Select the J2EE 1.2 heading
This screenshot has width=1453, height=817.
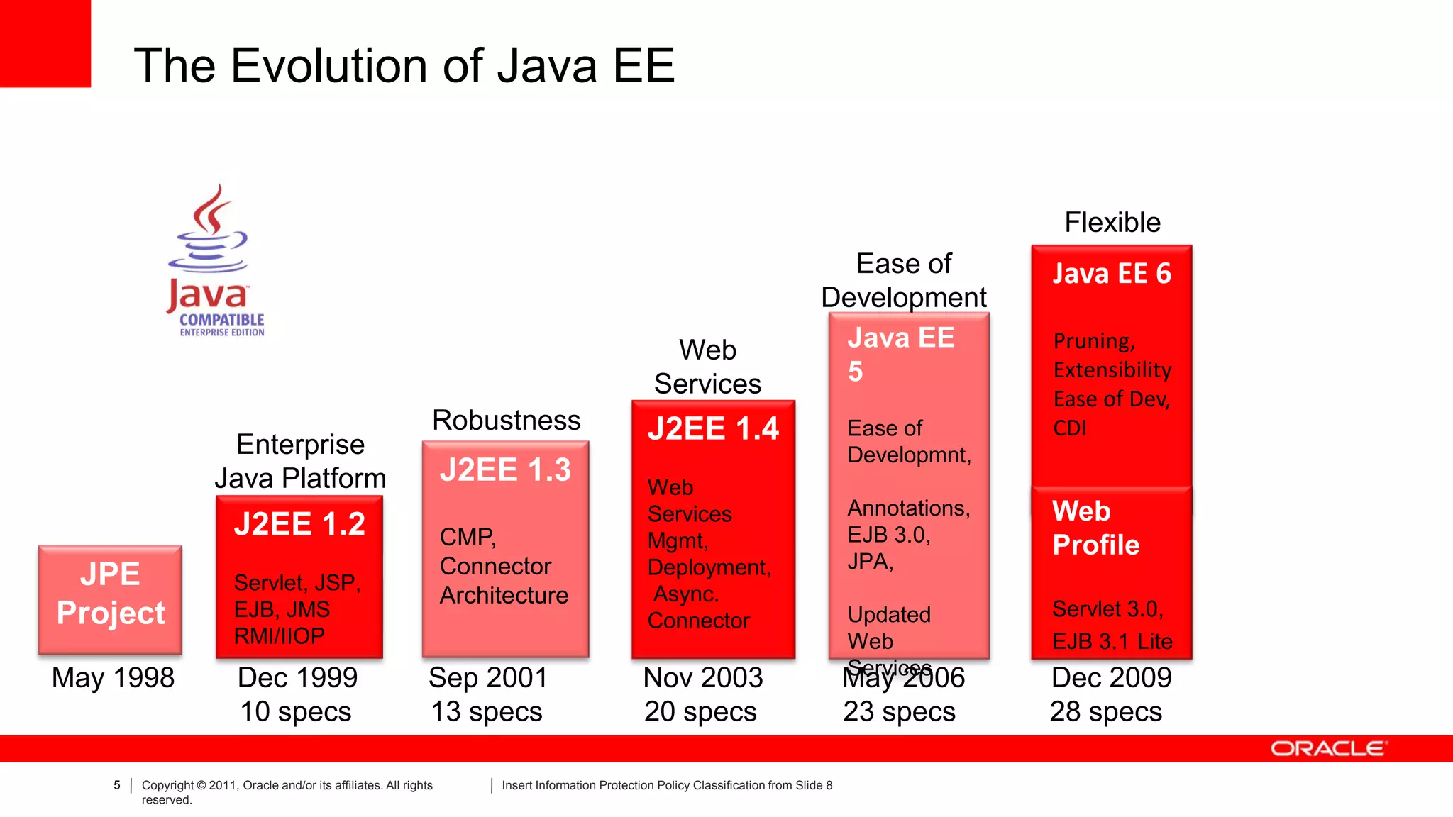pyautogui.click(x=299, y=524)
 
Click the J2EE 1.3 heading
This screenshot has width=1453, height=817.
pyautogui.click(x=505, y=470)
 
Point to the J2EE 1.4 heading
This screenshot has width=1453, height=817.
pyautogui.click(x=713, y=429)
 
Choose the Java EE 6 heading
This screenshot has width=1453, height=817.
pyautogui.click(x=1111, y=274)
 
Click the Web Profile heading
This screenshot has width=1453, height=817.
pyautogui.click(x=1095, y=528)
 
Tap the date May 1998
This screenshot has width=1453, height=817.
pyautogui.click(x=113, y=678)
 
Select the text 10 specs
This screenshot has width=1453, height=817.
pyautogui.click(x=295, y=711)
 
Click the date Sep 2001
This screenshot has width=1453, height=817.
pyautogui.click(x=488, y=678)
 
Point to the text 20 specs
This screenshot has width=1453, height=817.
pyautogui.click(x=700, y=711)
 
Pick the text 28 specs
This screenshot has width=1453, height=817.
pyautogui.click(x=1105, y=711)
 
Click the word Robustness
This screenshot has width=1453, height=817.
pyautogui.click(x=506, y=421)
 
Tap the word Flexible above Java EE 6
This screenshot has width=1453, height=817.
pyautogui.click(x=1112, y=223)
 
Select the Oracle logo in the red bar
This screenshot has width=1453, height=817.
pyautogui.click(x=1328, y=749)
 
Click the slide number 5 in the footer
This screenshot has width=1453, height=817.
pyautogui.click(x=117, y=785)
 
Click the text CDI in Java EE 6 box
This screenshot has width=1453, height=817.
pyautogui.click(x=1070, y=428)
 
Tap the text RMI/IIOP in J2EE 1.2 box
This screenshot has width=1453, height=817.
pyautogui.click(x=280, y=636)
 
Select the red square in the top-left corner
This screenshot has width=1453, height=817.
pyautogui.click(x=45, y=43)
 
